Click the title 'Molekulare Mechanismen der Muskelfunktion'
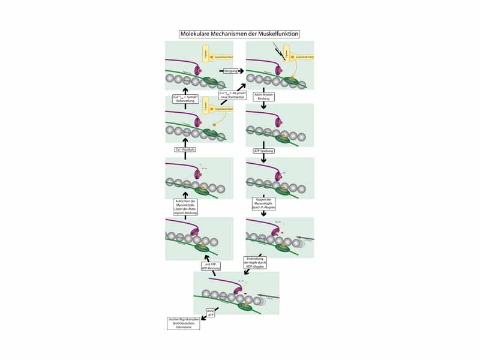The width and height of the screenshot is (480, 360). [x=239, y=34]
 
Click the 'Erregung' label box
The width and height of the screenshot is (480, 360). [x=231, y=71]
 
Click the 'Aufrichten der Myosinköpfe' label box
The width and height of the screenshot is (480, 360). [x=185, y=206]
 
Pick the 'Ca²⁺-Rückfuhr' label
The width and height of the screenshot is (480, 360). [x=185, y=149]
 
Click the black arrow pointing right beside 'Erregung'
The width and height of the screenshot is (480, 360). [x=241, y=71]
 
